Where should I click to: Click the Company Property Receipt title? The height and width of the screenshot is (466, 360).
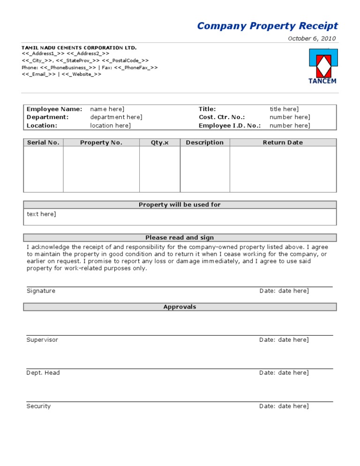pos(267,26)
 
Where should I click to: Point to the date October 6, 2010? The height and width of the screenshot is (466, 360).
pos(311,39)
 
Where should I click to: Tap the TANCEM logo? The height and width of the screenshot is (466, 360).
pos(322,66)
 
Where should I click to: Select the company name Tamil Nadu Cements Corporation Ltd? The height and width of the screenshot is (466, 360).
pos(79,48)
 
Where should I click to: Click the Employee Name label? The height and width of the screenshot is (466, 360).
pos(54,109)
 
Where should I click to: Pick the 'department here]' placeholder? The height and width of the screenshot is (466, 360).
pos(116,117)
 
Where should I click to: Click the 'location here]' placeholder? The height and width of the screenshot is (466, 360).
pos(110,126)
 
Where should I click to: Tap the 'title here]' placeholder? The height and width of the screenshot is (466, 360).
pos(284,109)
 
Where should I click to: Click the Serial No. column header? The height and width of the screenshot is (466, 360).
pos(43,143)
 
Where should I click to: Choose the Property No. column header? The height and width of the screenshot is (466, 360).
pos(101,143)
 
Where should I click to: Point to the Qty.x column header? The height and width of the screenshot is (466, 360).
pos(159,143)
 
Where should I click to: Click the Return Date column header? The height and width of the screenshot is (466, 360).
pos(283,143)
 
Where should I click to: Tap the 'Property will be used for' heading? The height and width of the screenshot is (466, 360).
pos(180,205)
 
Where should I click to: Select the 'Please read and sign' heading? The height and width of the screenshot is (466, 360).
pos(180,238)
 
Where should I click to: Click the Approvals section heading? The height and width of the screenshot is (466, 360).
pos(180,307)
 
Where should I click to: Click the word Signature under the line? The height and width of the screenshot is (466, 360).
pos(41,291)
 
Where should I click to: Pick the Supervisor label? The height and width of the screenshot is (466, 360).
pos(42,340)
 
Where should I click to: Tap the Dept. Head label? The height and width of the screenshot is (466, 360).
pos(43,373)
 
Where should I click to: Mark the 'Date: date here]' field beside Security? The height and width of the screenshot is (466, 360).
pos(284,406)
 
